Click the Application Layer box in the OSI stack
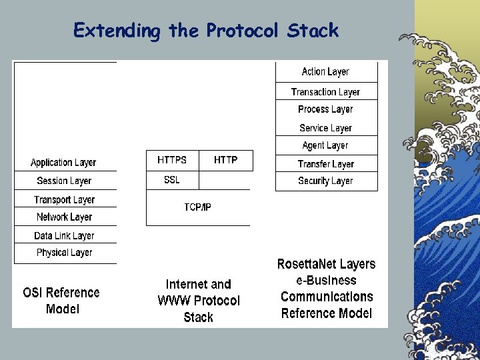63,163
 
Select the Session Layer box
64,181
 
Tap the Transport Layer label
64,199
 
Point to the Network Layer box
64,217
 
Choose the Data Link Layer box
64,235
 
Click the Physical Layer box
64,253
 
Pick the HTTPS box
172,160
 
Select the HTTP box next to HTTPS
226,160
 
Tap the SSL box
172,180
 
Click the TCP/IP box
198,207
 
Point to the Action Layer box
325,71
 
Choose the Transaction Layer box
325,92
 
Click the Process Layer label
325,109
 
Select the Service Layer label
325,127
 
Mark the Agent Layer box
325,145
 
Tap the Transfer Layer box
325,163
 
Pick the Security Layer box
325,181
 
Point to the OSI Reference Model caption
61,301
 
